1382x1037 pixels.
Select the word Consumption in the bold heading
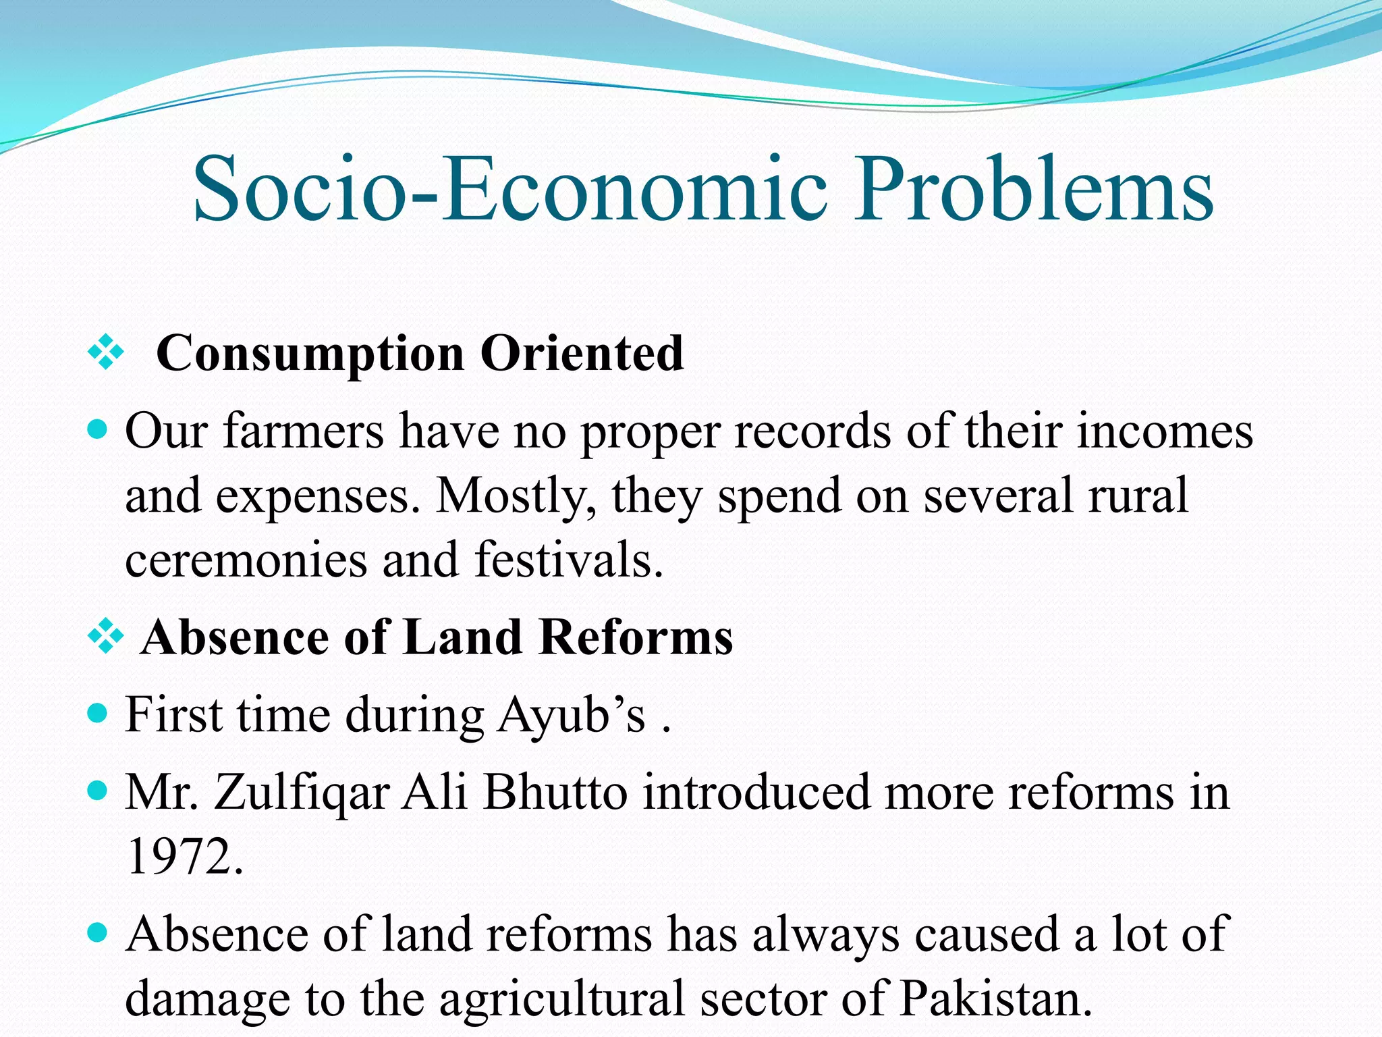click(x=310, y=354)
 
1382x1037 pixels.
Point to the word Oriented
click(x=582, y=352)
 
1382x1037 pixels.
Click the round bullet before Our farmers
click(x=99, y=429)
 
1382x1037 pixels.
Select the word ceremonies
click(x=246, y=560)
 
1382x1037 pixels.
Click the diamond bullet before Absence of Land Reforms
click(x=106, y=637)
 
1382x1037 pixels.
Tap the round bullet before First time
click(x=99, y=713)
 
